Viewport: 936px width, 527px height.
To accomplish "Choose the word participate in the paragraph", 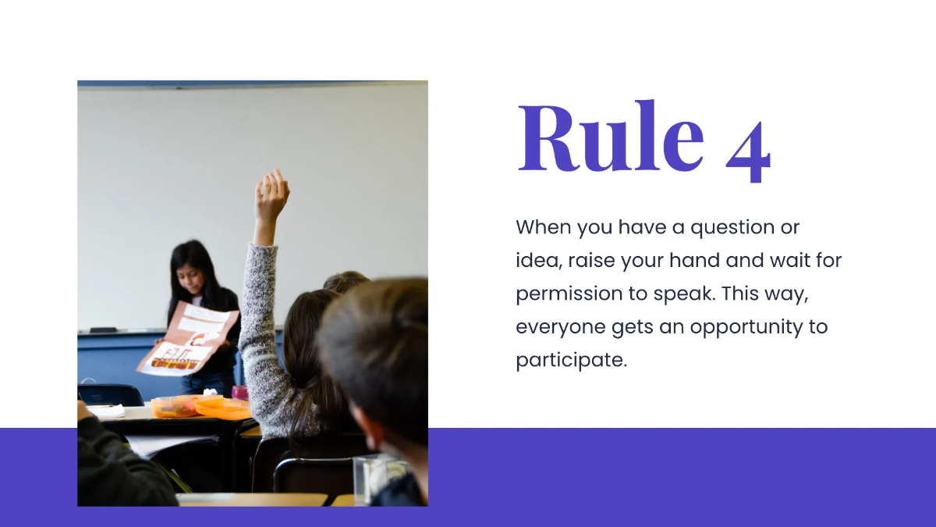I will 571,361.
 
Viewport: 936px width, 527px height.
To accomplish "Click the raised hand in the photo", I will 271,195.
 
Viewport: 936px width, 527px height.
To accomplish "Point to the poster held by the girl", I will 190,340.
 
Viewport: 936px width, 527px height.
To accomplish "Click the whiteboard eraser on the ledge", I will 102,329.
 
